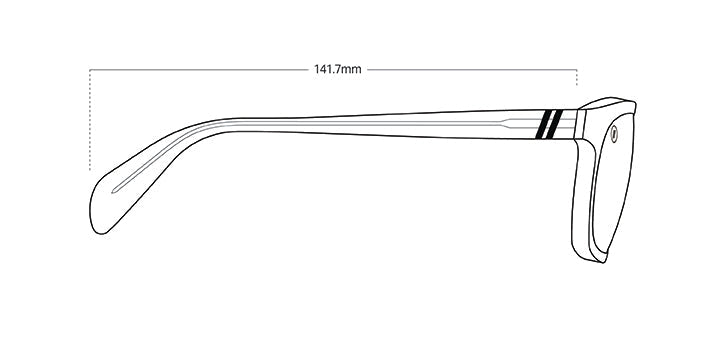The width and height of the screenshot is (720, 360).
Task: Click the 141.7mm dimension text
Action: [x=338, y=69]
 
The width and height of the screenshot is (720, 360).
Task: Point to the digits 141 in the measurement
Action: [x=322, y=69]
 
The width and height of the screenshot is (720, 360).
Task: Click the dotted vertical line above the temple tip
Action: [x=90, y=120]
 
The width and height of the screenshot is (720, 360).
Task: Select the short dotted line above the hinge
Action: [x=577, y=78]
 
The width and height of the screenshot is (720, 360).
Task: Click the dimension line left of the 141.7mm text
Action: [x=199, y=70]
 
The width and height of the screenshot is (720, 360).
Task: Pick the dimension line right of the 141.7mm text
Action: [x=472, y=70]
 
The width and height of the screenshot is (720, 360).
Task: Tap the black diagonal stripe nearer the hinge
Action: [x=554, y=124]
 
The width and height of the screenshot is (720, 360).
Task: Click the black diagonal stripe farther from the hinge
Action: [x=543, y=124]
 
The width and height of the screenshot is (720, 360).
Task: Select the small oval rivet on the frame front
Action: [x=614, y=134]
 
